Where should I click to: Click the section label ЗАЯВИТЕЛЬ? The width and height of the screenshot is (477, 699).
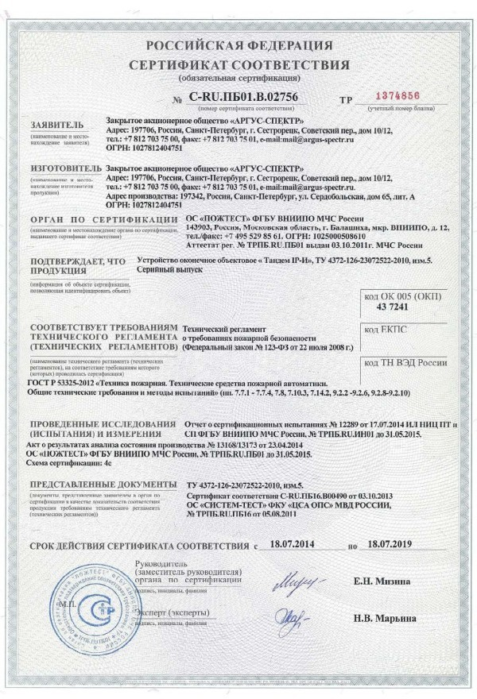pos(52,126)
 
